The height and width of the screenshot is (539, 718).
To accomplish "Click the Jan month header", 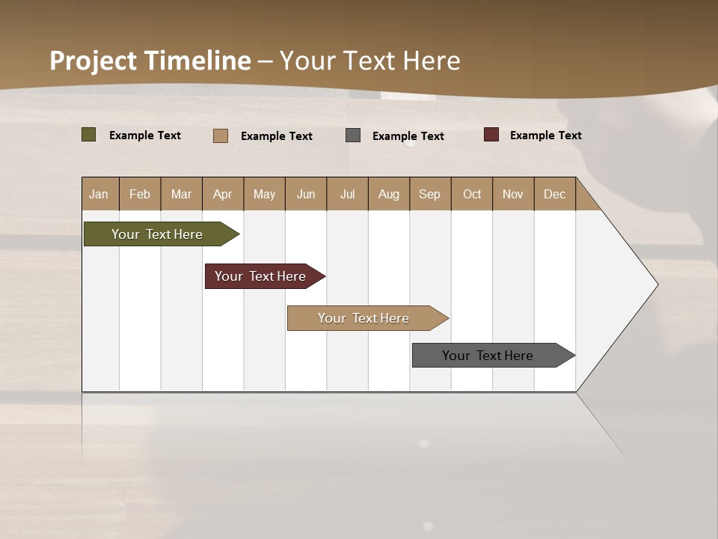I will pos(99,194).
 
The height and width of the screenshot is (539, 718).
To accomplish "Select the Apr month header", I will pos(222,194).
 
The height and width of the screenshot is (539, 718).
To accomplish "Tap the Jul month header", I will pos(347,194).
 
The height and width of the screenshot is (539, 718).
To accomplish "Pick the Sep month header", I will pos(429,194).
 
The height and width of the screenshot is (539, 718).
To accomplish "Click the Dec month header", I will pos(554,194).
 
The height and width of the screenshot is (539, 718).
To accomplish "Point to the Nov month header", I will pos(512,194).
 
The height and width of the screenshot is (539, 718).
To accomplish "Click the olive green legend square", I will pos(88,135).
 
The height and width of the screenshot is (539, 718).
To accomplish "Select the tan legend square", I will pos(221,135).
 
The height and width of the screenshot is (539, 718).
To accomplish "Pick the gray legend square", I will pos(353,135).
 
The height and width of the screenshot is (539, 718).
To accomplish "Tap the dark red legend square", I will pos(491,135).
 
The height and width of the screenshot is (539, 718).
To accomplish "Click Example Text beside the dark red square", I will pos(545,135).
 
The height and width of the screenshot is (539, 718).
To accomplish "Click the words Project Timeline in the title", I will pos(150,61).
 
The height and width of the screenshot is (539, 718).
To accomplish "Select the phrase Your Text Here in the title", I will pos(369,61).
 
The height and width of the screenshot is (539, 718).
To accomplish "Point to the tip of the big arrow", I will pos(657,284).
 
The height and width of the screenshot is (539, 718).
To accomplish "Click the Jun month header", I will pos(305,194).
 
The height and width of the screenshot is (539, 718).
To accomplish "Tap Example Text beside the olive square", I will pos(144,135).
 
